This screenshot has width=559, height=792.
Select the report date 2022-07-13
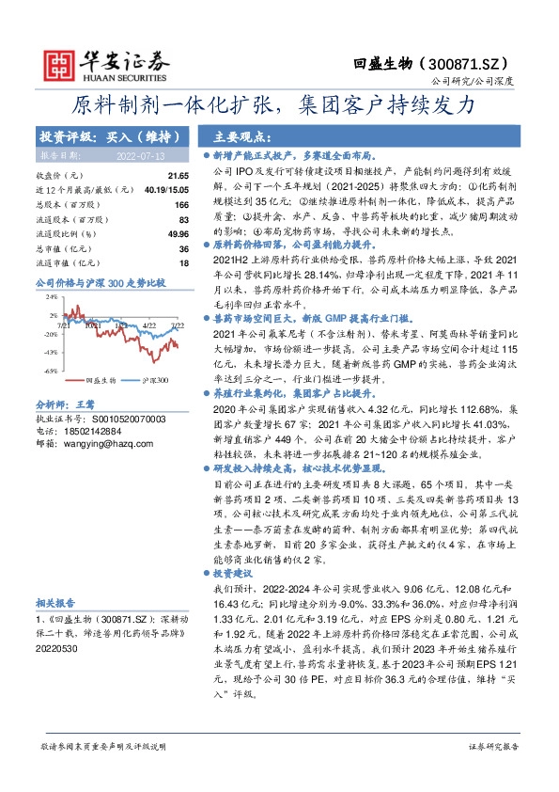[x=141, y=154]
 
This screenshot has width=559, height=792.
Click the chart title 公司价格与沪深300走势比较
[x=100, y=281]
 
